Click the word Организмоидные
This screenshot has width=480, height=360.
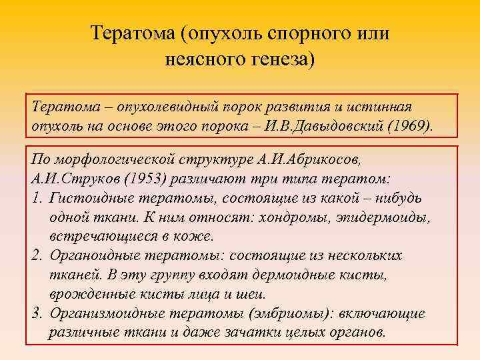pos(106,314)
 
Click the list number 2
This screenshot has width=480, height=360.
pos(36,257)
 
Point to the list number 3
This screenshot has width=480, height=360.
pos(36,314)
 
